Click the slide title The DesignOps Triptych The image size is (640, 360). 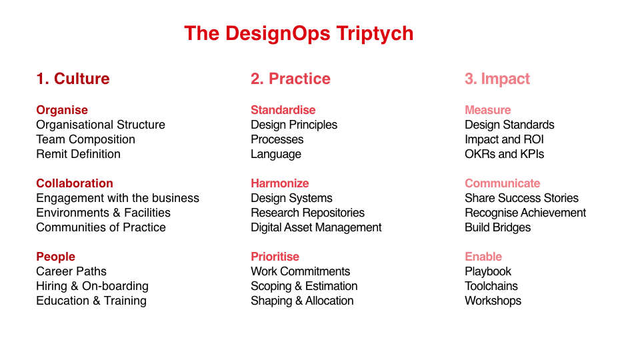click(299, 34)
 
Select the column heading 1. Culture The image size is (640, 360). click(73, 79)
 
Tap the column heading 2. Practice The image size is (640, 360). click(291, 79)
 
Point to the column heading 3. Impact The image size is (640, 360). click(497, 79)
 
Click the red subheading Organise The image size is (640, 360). click(62, 110)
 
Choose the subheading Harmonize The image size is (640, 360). click(279, 183)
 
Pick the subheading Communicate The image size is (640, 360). click(503, 183)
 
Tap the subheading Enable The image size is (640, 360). click(483, 257)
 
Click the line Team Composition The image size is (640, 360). click(86, 139)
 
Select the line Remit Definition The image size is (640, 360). click(79, 154)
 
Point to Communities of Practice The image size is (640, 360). click(101, 227)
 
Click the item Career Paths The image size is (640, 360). click(71, 271)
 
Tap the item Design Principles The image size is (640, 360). click(294, 125)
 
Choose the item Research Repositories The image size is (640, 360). click(308, 213)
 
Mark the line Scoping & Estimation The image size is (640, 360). click(304, 286)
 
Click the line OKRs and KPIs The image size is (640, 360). click(505, 154)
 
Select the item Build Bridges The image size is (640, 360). click(498, 227)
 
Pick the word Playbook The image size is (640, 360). click(488, 271)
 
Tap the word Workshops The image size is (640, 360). click(493, 301)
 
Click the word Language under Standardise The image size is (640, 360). click(276, 154)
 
